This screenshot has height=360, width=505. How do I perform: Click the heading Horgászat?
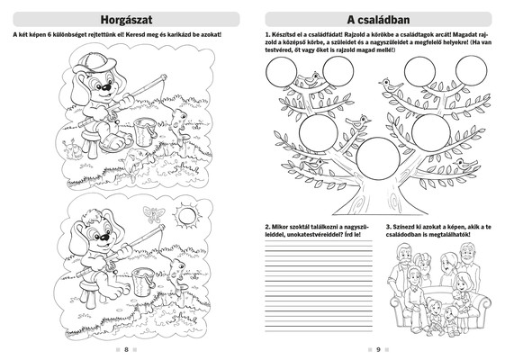[126, 20]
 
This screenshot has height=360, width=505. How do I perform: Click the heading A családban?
[378, 20]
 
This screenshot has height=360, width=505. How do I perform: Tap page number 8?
[126, 349]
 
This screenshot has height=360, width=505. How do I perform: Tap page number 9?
[378, 349]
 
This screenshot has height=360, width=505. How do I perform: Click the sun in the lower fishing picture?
[186, 216]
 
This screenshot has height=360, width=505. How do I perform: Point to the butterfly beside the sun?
[154, 214]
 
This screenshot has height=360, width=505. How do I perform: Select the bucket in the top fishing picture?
[145, 131]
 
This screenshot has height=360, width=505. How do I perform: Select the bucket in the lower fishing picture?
[142, 282]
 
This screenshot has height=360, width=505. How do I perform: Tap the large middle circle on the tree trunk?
[378, 157]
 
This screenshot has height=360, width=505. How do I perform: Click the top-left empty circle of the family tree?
[281, 72]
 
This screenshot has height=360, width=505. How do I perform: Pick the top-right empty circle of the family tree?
[472, 70]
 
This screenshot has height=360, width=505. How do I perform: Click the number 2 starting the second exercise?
[267, 227]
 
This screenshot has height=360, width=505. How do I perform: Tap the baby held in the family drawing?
[458, 299]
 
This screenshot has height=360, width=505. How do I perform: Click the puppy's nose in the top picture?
[106, 87]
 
